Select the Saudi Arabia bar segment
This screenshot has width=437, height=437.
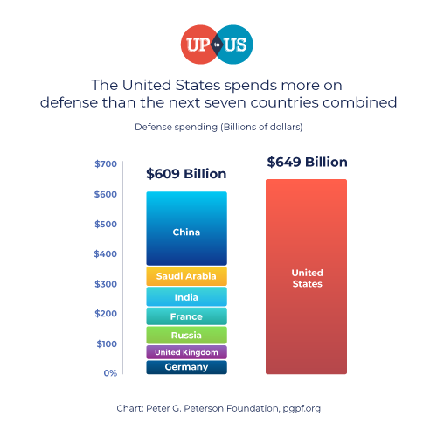pos(186,276)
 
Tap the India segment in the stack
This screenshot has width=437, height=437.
pos(186,297)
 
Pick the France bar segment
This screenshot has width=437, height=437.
pos(186,316)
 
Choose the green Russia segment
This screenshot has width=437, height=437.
pos(186,335)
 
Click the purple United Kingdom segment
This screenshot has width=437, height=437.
pos(186,352)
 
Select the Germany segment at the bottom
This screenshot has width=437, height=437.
pos(186,367)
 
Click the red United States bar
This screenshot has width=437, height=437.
pos(307,277)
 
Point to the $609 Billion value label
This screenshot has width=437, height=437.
pos(186,174)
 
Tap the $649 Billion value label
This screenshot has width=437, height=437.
pos(307,163)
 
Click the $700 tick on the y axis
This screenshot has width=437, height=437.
pos(106,164)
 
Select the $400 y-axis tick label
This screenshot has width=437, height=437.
pos(106,254)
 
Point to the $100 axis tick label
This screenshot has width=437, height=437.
pos(106,343)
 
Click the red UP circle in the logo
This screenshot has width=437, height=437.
pos(198,44)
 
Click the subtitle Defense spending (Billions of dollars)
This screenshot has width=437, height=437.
pos(218,128)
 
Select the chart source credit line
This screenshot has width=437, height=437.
pos(218,408)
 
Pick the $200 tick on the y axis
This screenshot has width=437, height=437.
pos(106,314)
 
